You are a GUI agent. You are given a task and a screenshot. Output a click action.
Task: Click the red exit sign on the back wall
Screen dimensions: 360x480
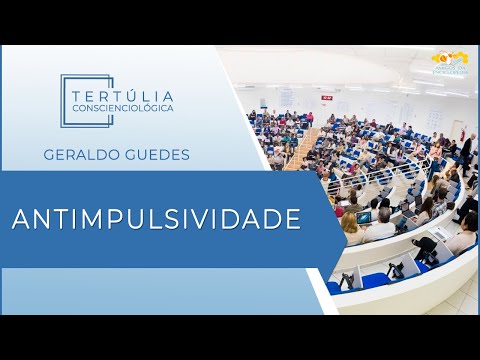[327, 97]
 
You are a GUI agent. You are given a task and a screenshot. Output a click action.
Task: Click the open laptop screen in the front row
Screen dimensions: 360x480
[365, 217]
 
